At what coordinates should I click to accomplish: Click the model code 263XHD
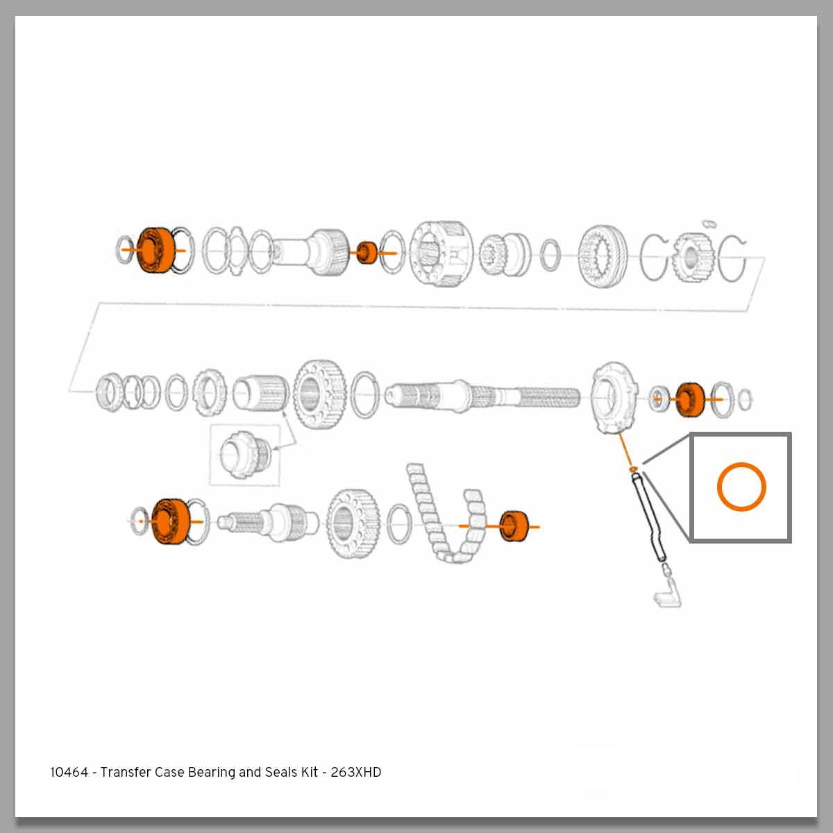[355, 772]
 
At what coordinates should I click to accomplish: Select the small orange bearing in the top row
[367, 253]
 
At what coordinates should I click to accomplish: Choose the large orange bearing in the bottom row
[169, 521]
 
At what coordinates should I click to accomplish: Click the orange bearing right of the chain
[514, 526]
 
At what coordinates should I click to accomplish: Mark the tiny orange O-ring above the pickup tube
[632, 469]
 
